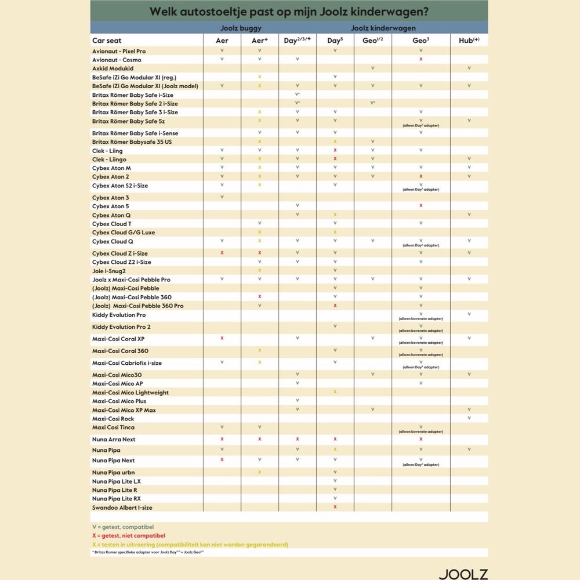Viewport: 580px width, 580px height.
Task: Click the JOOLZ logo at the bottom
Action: pos(462,574)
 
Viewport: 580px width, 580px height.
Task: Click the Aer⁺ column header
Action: pos(259,41)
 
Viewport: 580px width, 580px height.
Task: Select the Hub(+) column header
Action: pos(469,41)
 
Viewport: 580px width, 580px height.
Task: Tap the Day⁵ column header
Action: pos(335,41)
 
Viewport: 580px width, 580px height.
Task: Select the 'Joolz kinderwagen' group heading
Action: pos(383,27)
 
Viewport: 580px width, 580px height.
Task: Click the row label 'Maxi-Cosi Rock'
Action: pos(113,419)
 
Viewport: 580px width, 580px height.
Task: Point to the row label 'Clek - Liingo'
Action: pos(109,159)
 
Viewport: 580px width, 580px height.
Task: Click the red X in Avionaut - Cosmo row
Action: pos(420,60)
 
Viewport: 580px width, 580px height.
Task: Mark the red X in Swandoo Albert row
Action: pos(335,507)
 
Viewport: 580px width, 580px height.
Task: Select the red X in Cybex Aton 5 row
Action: pos(420,206)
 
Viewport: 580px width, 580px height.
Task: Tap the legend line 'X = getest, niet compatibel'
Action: pos(129,535)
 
